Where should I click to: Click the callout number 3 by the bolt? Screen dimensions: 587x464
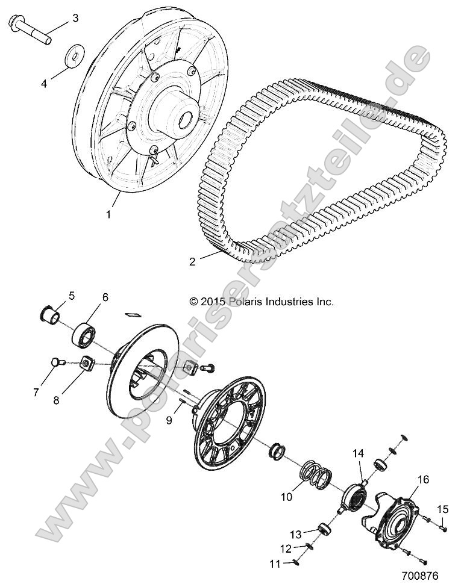point(75,18)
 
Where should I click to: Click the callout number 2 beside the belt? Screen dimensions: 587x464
point(175,261)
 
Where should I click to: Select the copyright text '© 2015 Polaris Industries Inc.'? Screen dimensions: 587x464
point(262,302)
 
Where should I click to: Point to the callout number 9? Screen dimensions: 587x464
point(169,420)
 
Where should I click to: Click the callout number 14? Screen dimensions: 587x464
point(357,453)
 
